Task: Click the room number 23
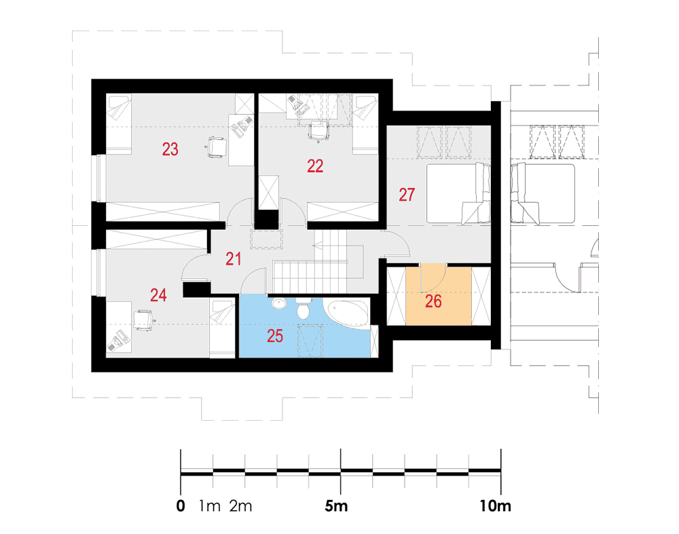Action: tap(170, 149)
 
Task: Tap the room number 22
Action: tap(315, 166)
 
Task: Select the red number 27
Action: tap(407, 195)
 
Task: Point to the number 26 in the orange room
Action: tap(433, 301)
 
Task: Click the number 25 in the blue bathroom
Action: tap(275, 336)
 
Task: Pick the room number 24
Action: tap(158, 295)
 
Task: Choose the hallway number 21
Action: tap(234, 259)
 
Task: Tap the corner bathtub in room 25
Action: tap(347, 313)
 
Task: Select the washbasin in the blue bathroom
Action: tap(279, 303)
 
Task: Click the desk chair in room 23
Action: tap(216, 147)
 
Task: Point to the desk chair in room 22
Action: tap(318, 130)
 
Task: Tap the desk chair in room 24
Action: tap(144, 320)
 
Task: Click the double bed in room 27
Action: tap(458, 193)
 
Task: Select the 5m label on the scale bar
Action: tap(336, 506)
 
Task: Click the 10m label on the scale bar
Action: tap(495, 506)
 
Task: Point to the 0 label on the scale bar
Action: tap(181, 506)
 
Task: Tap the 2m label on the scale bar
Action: tap(240, 506)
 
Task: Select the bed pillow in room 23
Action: tap(120, 108)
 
